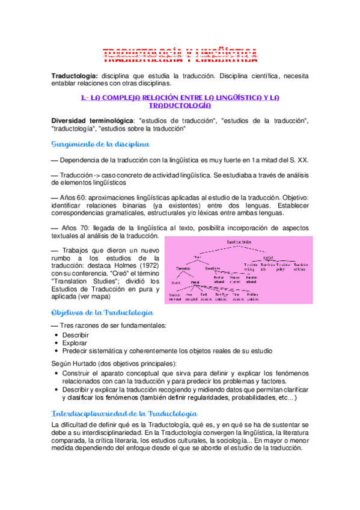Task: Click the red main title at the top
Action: (180, 55)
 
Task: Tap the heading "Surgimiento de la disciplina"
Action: (100, 144)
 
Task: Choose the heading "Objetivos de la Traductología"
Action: (103, 313)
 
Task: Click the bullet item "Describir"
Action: (75, 334)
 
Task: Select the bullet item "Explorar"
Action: (74, 342)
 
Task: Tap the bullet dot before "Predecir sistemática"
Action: (56, 351)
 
